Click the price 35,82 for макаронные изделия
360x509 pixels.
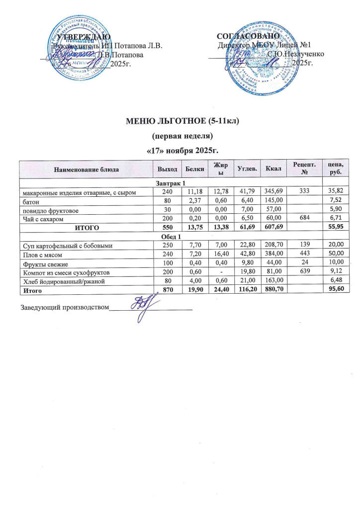[x=341, y=193]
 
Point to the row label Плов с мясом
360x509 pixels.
[x=40, y=254]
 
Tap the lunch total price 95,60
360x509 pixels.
[x=341, y=290]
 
